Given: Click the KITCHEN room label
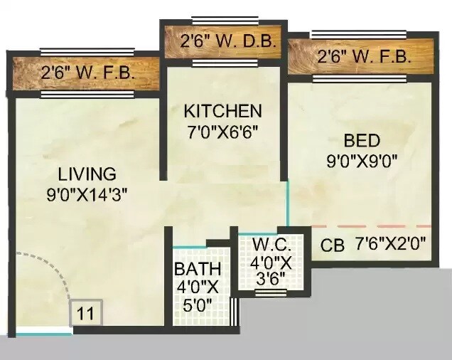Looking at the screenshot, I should tap(222, 111).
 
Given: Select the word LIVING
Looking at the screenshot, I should tap(87, 174).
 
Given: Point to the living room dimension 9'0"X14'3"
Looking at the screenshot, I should tap(86, 193).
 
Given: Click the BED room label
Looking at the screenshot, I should tap(362, 140).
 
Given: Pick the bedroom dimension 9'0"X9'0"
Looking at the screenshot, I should tap(360, 160).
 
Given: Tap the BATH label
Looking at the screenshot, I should tap(198, 270).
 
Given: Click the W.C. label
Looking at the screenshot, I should tap(270, 246).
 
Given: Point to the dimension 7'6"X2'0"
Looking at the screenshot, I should tap(392, 244).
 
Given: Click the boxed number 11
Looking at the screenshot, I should tap(86, 313).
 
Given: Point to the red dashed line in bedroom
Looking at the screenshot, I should tap(370, 226).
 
